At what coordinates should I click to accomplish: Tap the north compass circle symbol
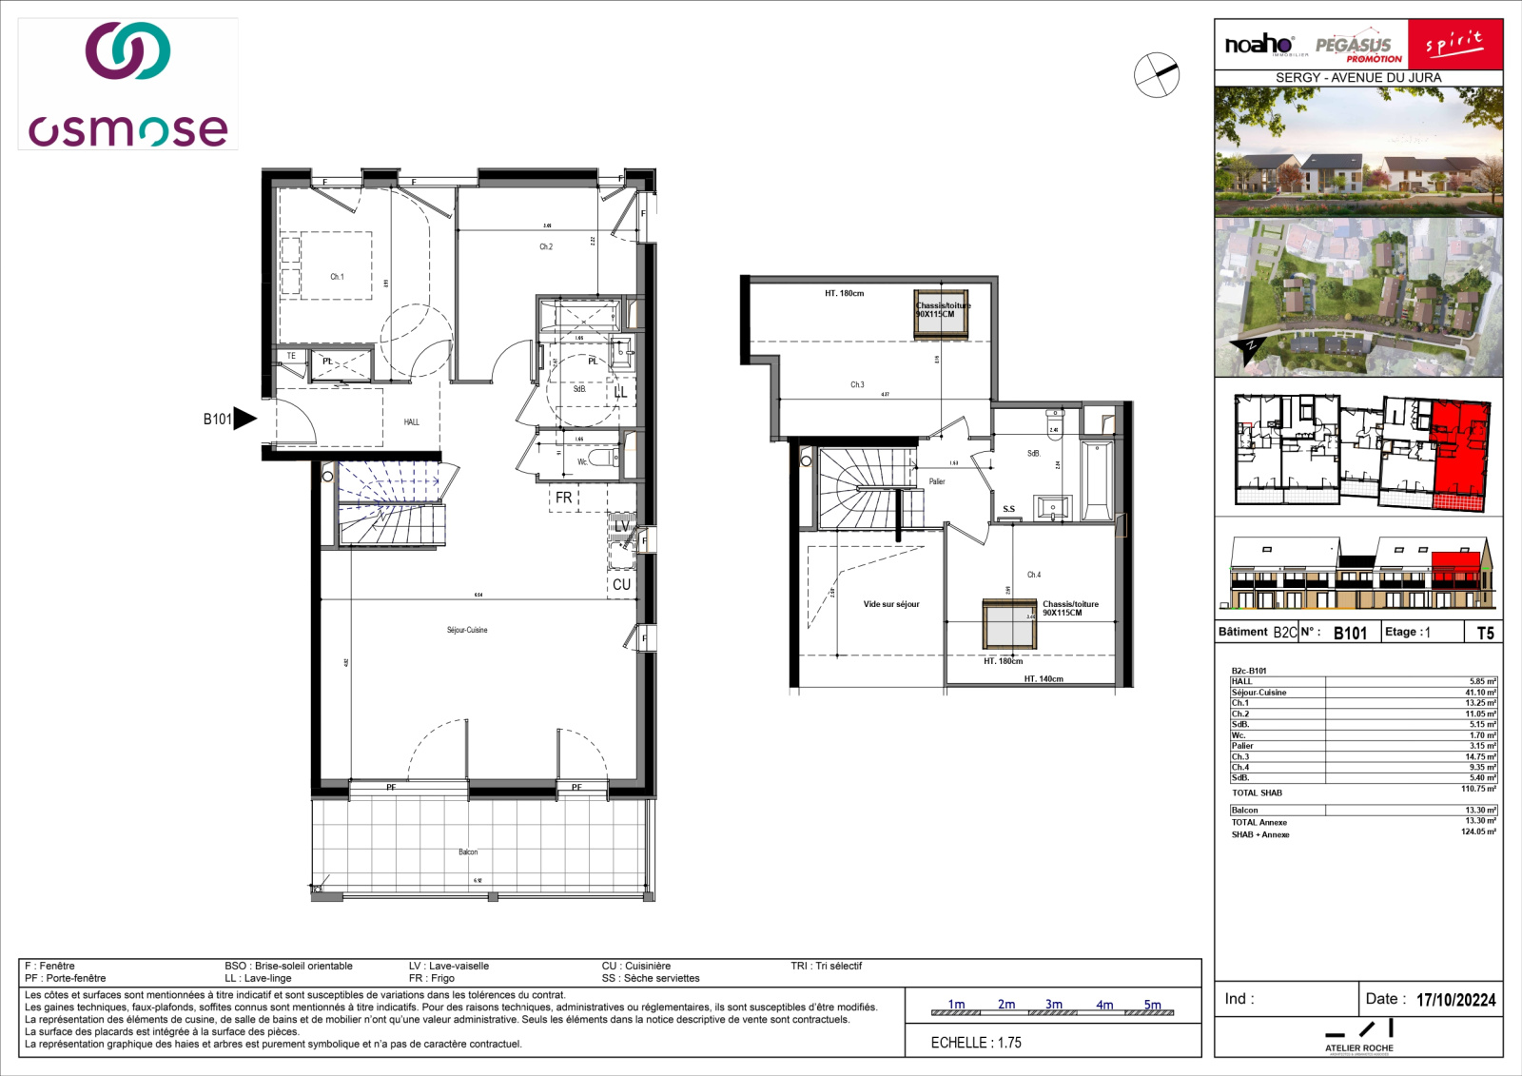pyautogui.click(x=1156, y=73)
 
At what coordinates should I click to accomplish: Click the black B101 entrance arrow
pyautogui.click(x=244, y=419)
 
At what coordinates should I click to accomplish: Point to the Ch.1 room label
pyautogui.click(x=337, y=277)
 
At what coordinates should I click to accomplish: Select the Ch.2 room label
pyautogui.click(x=546, y=246)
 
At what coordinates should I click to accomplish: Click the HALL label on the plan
pyautogui.click(x=411, y=421)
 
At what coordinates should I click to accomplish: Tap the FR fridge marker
pyautogui.click(x=564, y=498)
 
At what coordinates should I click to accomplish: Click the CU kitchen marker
pyautogui.click(x=621, y=584)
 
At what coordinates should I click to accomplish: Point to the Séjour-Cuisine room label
pyautogui.click(x=467, y=630)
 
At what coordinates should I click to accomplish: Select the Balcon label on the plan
pyautogui.click(x=468, y=851)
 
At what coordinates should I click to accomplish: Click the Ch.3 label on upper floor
pyautogui.click(x=857, y=384)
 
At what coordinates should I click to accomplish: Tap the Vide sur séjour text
pyautogui.click(x=891, y=604)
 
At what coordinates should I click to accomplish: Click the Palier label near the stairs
pyautogui.click(x=937, y=481)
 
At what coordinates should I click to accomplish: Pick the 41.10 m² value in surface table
pyautogui.click(x=1480, y=693)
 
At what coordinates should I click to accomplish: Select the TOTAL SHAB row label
pyautogui.click(x=1257, y=792)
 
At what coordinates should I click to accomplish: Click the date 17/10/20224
pyautogui.click(x=1455, y=1000)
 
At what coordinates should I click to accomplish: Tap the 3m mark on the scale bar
pyautogui.click(x=1054, y=1005)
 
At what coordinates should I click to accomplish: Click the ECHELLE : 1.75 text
pyautogui.click(x=976, y=1043)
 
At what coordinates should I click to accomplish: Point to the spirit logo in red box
pyautogui.click(x=1454, y=44)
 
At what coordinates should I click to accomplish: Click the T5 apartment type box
pyautogui.click(x=1484, y=633)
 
